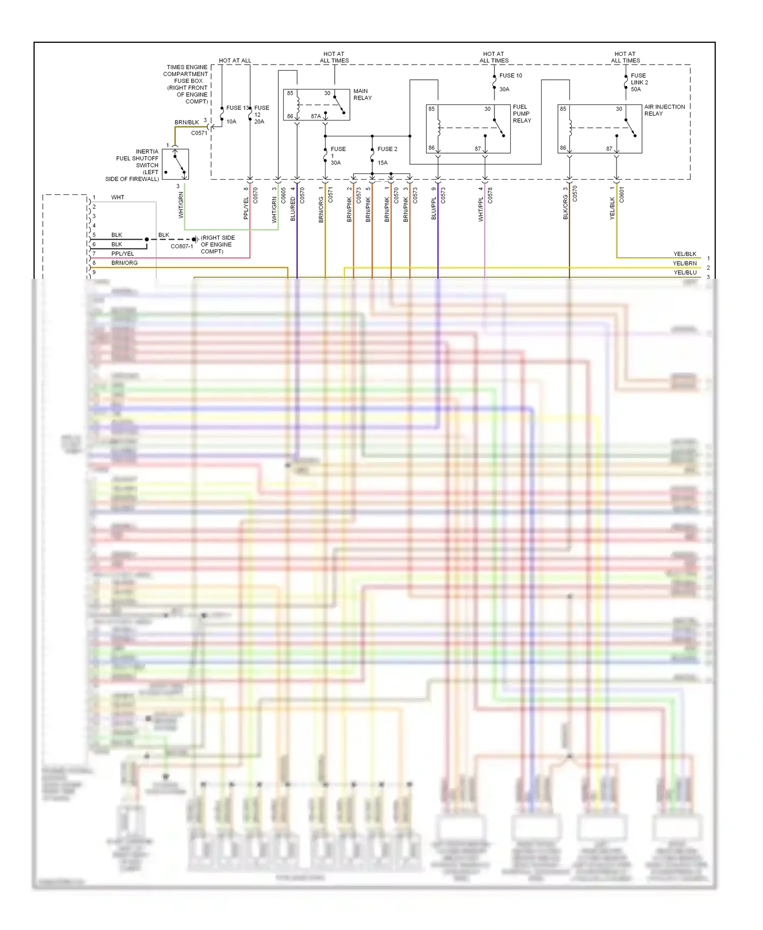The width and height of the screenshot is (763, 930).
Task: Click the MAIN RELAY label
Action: coord(362,95)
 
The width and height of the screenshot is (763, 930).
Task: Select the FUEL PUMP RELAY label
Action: coord(521,114)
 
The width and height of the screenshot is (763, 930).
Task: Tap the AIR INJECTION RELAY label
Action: coord(664,110)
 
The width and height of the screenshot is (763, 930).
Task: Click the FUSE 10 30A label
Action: coord(510,82)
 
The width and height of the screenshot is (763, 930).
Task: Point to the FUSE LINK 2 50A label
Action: coord(639,82)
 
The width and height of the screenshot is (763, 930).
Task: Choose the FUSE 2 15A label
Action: coord(387,156)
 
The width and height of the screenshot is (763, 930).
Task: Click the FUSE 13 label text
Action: coord(237,108)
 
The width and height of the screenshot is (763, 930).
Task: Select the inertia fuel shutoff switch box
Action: coord(175,164)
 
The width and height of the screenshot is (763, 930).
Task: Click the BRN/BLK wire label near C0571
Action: coord(187,123)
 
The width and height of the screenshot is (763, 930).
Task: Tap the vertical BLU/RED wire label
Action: coord(293,209)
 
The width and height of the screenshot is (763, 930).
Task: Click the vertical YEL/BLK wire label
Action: coord(612,208)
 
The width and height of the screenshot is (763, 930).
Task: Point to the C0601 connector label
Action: coord(622,195)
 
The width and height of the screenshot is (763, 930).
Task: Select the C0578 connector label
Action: coord(490,195)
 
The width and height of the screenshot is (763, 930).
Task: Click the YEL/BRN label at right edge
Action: coord(684,264)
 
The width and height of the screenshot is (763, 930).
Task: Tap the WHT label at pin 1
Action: coord(118,197)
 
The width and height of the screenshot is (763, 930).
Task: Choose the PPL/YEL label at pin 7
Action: coord(123,254)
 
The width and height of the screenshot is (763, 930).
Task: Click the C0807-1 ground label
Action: coord(182,246)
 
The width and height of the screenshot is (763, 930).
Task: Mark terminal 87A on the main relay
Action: coord(316,117)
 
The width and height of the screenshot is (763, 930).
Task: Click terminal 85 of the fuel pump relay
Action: coord(431,109)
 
